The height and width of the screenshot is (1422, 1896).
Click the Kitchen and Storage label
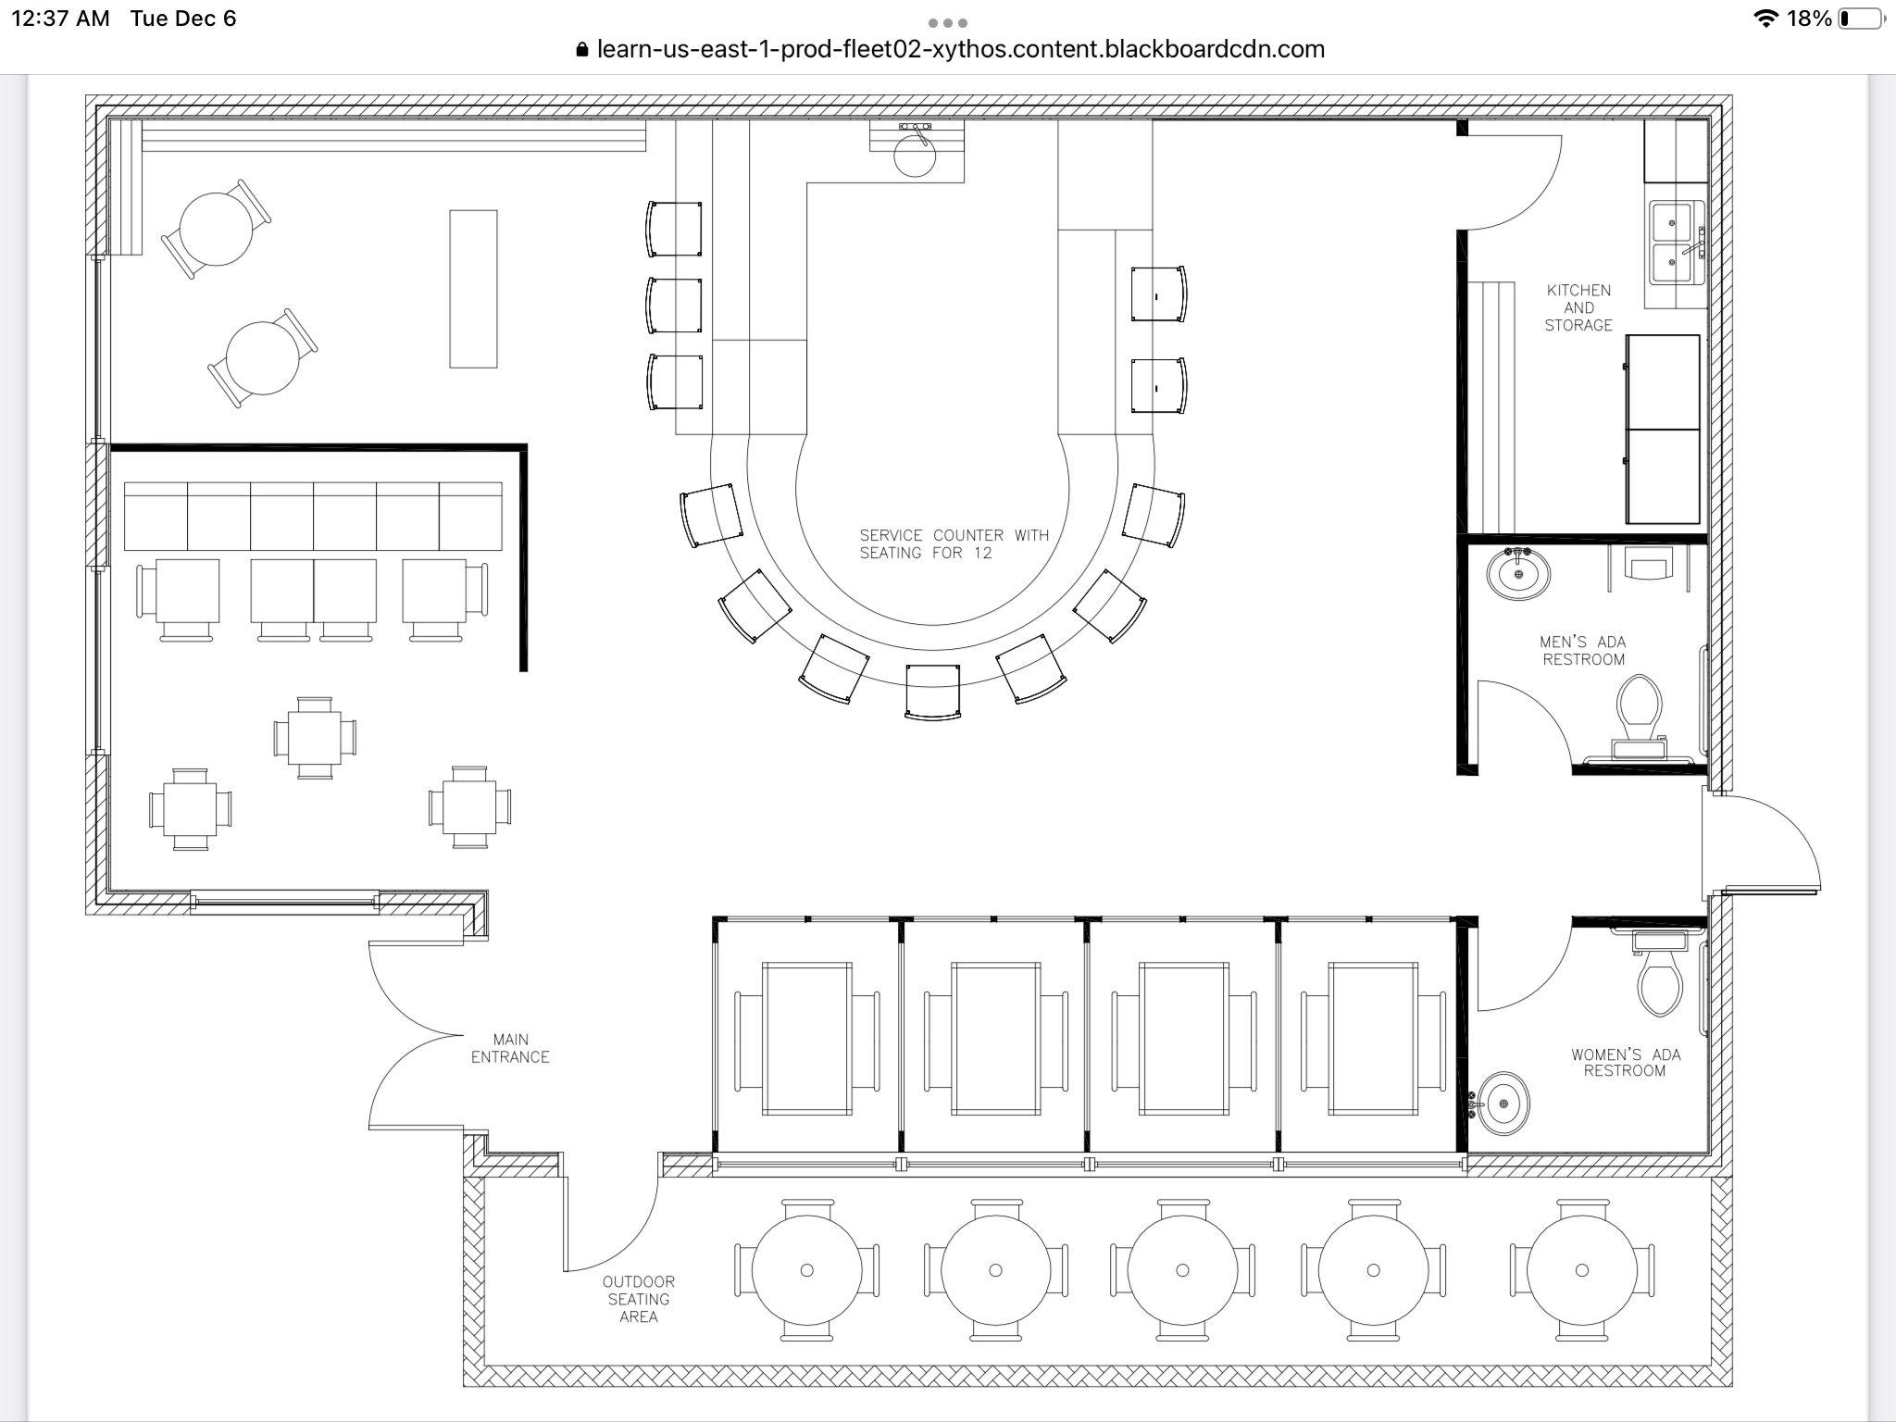click(x=1578, y=307)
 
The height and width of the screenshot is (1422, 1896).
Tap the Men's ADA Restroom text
click(x=1583, y=650)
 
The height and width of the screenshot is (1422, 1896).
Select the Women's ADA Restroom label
click(x=1625, y=1062)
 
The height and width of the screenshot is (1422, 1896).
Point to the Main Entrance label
click(x=510, y=1048)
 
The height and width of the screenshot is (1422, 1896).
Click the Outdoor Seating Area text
click(x=639, y=1299)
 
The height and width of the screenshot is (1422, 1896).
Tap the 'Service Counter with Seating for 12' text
click(x=954, y=543)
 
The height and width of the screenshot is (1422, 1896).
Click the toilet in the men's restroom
click(x=1638, y=707)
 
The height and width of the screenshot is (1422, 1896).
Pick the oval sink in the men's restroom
click(x=1518, y=573)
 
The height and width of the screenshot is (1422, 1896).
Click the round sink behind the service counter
click(x=915, y=156)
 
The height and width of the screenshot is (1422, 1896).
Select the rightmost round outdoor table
click(x=1581, y=1270)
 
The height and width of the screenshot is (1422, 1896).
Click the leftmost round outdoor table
click(x=806, y=1270)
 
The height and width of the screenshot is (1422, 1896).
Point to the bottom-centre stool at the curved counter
click(x=932, y=691)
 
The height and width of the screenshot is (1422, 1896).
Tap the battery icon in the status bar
click(x=1861, y=19)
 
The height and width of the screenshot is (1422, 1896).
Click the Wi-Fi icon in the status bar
click(x=1765, y=19)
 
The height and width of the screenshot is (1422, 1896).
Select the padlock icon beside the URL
click(x=581, y=50)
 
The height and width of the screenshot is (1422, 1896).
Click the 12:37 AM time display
click(x=60, y=19)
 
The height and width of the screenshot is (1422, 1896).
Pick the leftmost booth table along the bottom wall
click(x=806, y=1038)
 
